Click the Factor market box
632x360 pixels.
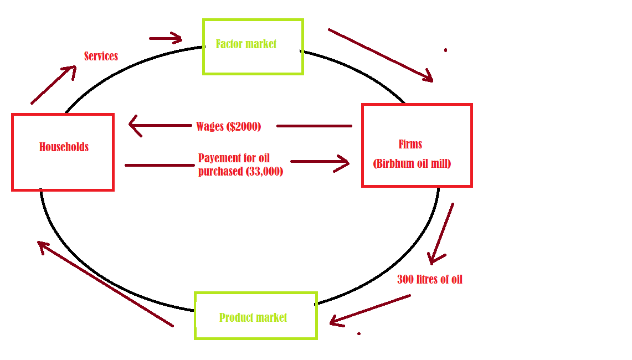coord(253,47)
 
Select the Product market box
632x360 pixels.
coord(255,316)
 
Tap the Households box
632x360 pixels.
coord(63,152)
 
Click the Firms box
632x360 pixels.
coord(417,145)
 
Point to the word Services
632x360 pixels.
coord(101,56)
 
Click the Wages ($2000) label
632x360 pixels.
coord(228,126)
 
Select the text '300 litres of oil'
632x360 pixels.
coord(429,280)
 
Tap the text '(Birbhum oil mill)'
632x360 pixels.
coord(412,164)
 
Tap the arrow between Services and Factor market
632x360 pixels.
coord(166,38)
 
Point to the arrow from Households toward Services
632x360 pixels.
coord(53,85)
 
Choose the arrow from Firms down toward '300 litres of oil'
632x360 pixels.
coord(441,233)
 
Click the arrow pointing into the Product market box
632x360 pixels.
coord(370,309)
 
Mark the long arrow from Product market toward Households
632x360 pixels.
coord(105,284)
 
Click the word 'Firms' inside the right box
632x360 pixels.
coord(410,145)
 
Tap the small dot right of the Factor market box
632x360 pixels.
coord(445,50)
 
